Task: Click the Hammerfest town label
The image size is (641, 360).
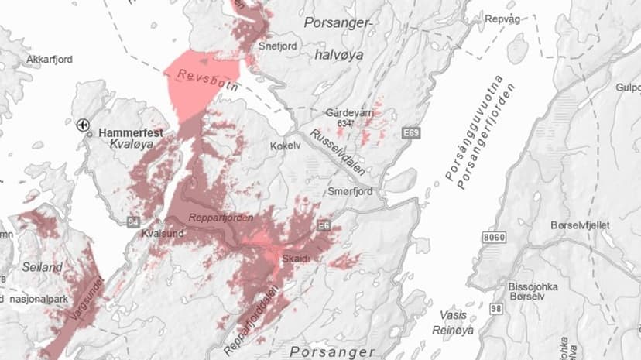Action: click(x=130, y=133)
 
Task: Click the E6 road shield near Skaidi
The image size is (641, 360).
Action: click(x=323, y=225)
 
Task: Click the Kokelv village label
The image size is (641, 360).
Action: click(x=285, y=146)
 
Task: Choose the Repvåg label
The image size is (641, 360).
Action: click(x=502, y=17)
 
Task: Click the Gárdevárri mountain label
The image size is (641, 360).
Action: click(x=350, y=112)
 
